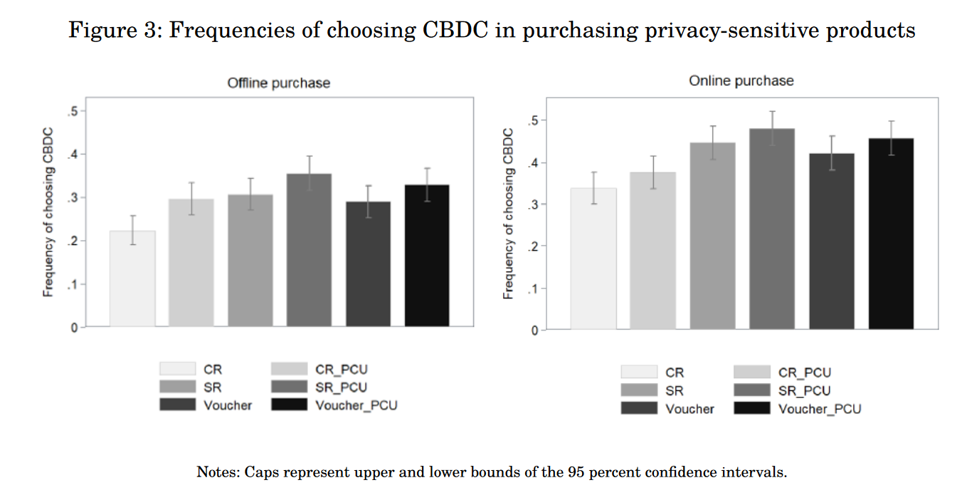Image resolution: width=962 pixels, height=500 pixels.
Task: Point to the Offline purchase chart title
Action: [278, 83]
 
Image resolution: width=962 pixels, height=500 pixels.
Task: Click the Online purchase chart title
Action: [741, 81]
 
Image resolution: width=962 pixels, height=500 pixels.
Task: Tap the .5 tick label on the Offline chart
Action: [73, 111]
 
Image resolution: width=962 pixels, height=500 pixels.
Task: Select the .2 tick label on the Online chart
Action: [533, 246]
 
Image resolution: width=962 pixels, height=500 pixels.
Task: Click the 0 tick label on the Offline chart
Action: [74, 328]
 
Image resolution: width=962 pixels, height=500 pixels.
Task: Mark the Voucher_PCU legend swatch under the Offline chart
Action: [289, 405]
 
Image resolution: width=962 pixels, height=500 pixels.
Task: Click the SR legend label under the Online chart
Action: [674, 391]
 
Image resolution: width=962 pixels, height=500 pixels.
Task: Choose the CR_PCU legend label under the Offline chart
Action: [342, 370]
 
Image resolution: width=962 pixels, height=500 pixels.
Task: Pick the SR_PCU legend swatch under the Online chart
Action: [751, 390]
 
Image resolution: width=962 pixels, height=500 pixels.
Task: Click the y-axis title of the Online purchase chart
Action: [509, 214]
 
